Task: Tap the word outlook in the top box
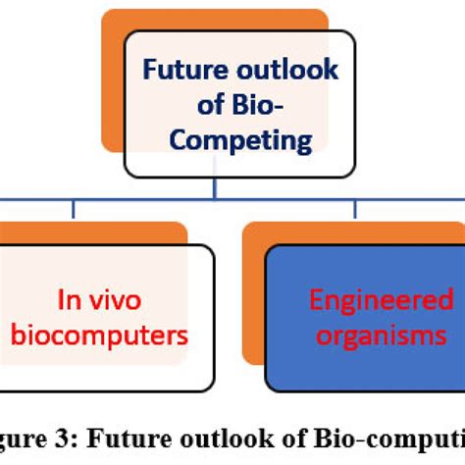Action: [284, 71]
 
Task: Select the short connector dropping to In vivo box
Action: [74, 210]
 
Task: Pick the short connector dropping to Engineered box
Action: [354, 210]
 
